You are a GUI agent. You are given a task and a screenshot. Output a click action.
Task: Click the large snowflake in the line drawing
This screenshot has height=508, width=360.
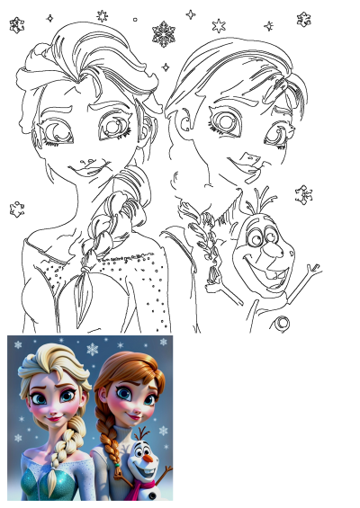tap(164, 34)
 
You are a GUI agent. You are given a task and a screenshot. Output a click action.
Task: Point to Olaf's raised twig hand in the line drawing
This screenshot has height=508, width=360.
tap(311, 270)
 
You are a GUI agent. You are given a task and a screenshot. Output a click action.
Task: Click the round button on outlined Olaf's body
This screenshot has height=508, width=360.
tap(283, 322)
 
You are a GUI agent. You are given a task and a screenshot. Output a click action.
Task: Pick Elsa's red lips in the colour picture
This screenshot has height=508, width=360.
tap(52, 418)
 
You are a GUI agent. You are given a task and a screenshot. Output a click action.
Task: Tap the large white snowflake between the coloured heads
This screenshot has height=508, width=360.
tap(92, 349)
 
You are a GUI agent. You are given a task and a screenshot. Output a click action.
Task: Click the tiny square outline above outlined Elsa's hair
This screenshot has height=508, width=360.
tap(135, 19)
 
